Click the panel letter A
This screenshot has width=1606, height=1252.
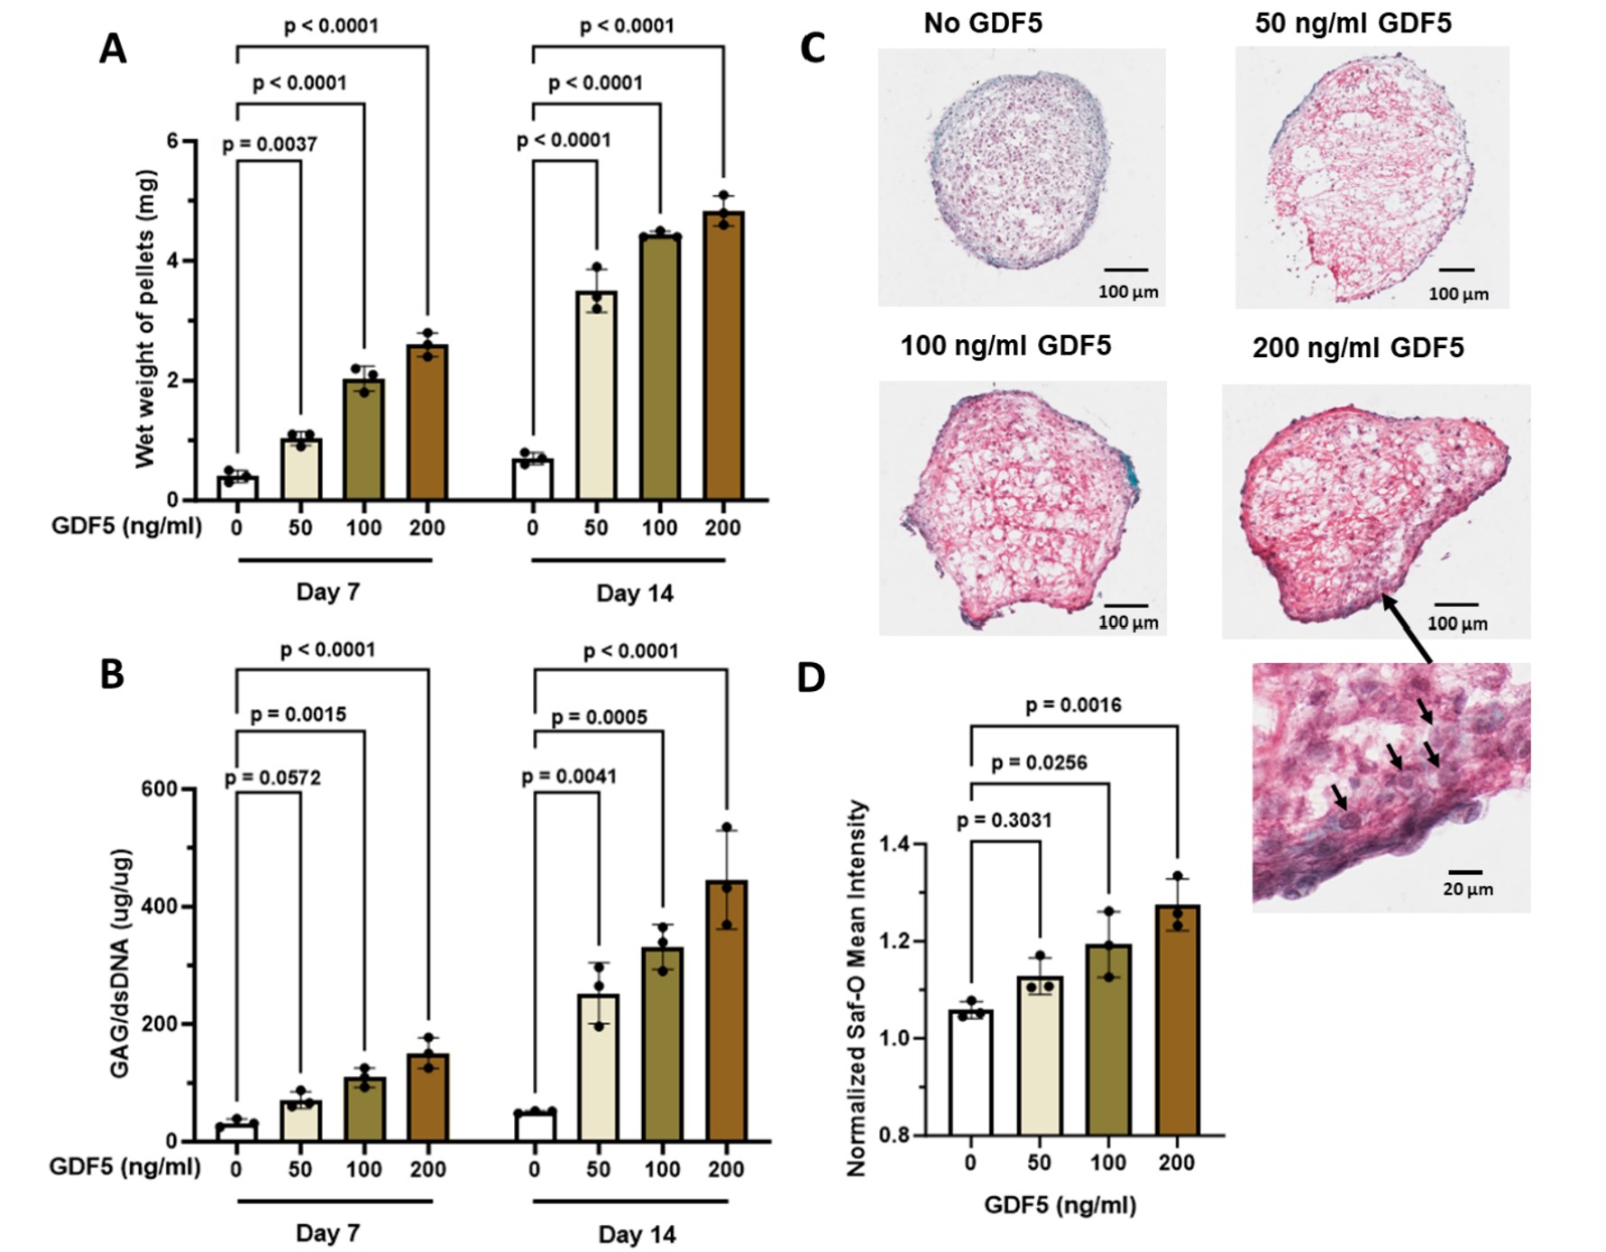113,49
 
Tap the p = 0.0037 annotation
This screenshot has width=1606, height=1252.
270,144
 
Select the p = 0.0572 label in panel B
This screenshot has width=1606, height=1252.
272,778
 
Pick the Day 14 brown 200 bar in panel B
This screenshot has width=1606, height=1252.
726,1010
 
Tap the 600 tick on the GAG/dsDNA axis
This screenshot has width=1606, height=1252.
159,789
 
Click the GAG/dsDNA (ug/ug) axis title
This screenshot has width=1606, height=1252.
120,962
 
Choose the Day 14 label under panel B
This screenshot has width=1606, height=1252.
637,1234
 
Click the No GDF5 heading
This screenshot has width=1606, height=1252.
983,23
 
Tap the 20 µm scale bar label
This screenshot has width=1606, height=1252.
1467,889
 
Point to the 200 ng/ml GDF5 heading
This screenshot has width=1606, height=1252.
1357,347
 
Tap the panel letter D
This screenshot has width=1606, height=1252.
811,677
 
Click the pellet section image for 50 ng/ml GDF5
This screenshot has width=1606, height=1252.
1371,178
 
